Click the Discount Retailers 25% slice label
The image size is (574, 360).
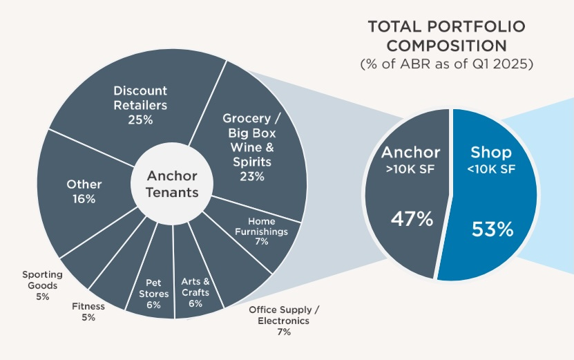pos(140,105)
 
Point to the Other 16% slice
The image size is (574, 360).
pos(84,191)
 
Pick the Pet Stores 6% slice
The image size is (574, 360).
pos(153,293)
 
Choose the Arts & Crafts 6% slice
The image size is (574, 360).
pos(195,292)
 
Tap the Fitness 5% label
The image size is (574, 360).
pos(88,312)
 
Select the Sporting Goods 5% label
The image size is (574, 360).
pos(43,285)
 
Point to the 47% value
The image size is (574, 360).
pos(412,220)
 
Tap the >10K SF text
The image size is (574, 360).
pos(412,169)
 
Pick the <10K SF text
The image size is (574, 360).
pos(489,169)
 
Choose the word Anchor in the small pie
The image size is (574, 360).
pos(411,151)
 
